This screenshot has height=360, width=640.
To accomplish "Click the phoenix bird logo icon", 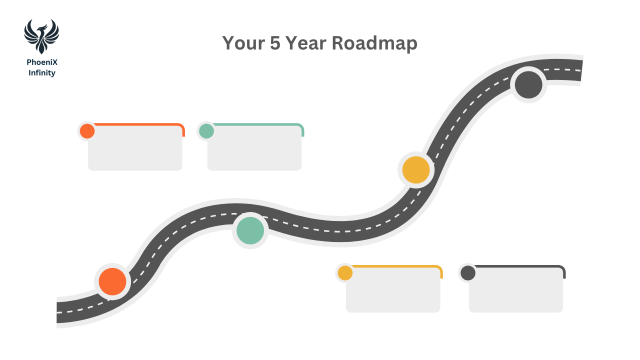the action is click(41, 36).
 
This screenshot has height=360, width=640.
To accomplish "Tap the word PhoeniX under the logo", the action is click(42, 62).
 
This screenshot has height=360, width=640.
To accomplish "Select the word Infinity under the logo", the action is click(42, 73).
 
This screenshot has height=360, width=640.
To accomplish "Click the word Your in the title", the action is click(243, 43).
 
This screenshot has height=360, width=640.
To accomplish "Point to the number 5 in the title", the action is click(275, 43).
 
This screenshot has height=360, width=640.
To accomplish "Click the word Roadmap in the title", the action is click(374, 43).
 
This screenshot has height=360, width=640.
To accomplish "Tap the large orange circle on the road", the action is click(112, 281).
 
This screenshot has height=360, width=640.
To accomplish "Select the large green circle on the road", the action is click(250, 230).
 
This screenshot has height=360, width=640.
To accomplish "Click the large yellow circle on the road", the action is click(416, 170).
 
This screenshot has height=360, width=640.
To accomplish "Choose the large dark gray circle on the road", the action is click(528, 84).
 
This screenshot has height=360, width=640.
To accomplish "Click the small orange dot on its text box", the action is click(87, 131).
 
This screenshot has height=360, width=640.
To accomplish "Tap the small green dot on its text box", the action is click(206, 131).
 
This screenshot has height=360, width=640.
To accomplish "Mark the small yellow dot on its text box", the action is click(345, 273).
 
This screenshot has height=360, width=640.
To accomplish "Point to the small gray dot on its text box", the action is click(467, 273).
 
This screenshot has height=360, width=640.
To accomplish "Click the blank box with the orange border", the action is click(135, 148).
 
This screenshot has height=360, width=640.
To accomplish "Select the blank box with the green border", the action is click(254, 148).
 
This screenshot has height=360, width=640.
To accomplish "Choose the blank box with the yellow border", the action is click(393, 290).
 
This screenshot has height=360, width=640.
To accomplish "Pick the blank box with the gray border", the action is click(516, 290).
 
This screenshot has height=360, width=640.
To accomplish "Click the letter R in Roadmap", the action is click(338, 43).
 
